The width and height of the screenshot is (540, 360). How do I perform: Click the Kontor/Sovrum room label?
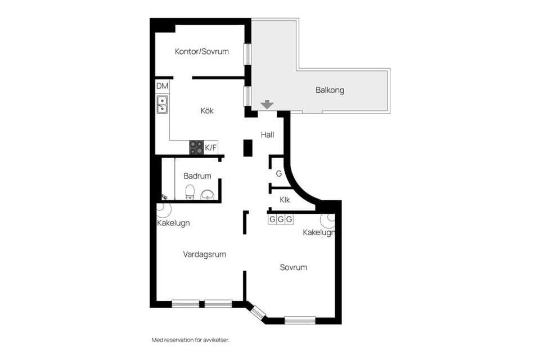201,51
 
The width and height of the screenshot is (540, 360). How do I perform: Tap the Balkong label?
330,90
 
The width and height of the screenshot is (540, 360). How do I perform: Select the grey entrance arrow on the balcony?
267,104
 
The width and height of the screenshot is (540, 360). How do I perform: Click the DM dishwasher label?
162,86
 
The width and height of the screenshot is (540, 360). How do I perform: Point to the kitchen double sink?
162,105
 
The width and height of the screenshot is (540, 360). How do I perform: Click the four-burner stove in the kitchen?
196,147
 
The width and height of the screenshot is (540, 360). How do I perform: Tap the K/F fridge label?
211,148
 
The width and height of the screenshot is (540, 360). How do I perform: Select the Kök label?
207,111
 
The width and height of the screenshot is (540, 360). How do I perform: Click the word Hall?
267,134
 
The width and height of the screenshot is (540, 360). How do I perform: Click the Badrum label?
197,175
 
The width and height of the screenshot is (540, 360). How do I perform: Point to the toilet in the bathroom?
190,192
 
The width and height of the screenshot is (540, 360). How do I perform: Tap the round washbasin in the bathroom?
208,195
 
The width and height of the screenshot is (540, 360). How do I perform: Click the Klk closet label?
285,199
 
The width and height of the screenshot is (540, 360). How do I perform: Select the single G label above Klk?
278,174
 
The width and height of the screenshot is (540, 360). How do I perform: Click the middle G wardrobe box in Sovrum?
281,219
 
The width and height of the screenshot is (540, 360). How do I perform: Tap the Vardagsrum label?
204,254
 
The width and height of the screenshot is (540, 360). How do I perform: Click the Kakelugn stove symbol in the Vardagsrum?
164,209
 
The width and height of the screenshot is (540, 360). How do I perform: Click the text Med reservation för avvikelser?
191,340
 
